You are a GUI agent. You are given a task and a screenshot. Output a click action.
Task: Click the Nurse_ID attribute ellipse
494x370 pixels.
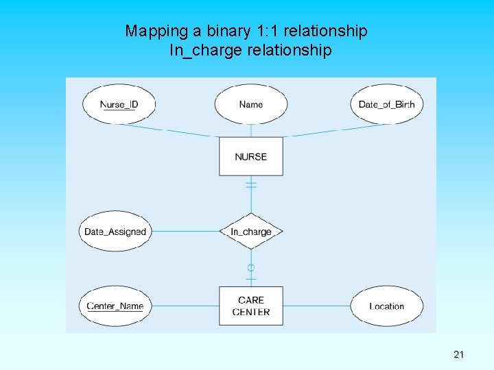click(119, 104)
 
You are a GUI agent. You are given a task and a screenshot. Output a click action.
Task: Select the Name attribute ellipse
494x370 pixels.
click(251, 104)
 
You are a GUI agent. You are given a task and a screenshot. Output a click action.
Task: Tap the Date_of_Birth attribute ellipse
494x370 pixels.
click(386, 104)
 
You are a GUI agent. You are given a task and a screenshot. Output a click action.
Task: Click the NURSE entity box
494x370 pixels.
click(251, 157)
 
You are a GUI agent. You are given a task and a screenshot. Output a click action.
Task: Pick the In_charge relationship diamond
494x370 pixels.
click(251, 232)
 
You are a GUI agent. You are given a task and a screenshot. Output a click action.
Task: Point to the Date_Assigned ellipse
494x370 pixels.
click(115, 232)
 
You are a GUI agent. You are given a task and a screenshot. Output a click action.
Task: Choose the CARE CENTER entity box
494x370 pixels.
click(251, 306)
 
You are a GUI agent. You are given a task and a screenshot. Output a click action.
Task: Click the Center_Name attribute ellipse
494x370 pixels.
click(115, 306)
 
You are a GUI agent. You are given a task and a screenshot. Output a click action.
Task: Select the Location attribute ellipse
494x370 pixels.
click(386, 306)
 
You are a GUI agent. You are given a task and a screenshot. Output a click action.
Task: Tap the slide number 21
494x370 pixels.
click(459, 354)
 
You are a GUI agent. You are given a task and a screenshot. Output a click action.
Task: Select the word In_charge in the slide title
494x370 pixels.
click(199, 51)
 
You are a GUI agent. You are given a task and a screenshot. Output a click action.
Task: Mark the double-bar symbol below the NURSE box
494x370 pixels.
click(251, 184)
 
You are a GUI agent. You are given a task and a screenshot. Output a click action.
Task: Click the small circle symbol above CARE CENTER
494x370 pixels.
click(251, 267)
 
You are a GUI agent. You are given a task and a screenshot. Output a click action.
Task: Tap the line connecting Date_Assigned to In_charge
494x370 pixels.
click(185, 232)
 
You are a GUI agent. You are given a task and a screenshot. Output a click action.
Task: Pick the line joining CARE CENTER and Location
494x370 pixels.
click(316, 306)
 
